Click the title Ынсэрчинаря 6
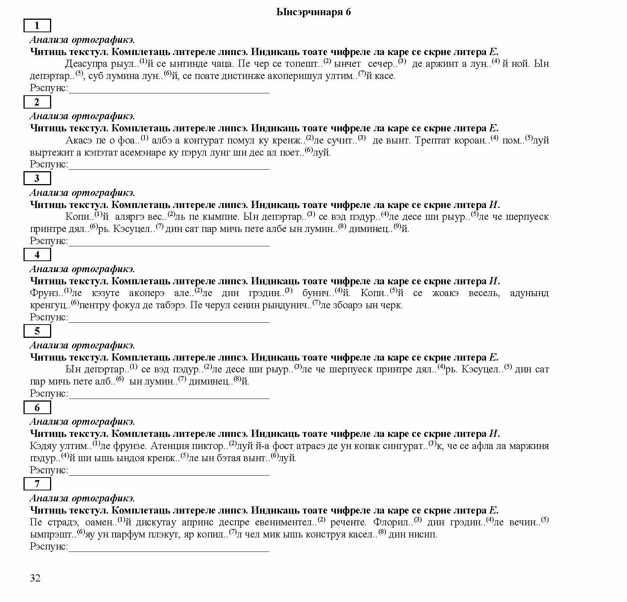[313, 12]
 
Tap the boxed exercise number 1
[37, 26]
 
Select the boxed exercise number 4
[37, 255]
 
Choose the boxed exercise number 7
[37, 484]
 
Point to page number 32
[35, 578]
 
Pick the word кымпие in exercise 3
[224, 217]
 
